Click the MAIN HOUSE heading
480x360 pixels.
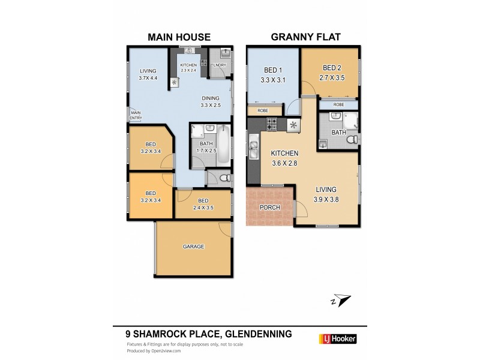(179, 37)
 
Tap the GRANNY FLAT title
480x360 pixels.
(306, 37)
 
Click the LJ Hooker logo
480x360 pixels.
(337, 339)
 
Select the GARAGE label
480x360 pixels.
(193, 247)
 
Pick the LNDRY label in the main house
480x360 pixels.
(219, 65)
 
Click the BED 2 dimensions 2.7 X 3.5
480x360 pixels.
(331, 77)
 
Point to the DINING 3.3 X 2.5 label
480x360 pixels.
(210, 101)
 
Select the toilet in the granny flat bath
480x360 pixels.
(353, 139)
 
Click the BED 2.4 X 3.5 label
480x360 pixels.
(203, 204)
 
